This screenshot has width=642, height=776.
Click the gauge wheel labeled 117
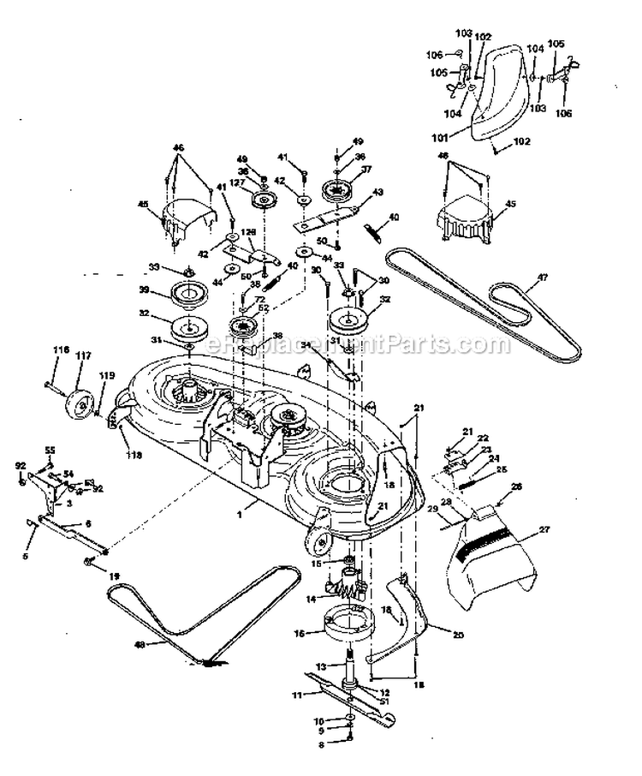pos(82,401)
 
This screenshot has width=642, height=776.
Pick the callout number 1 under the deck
pos(241,511)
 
